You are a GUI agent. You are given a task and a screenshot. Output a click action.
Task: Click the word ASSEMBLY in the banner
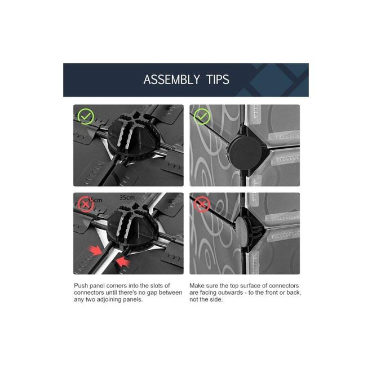pyautogui.click(x=171, y=79)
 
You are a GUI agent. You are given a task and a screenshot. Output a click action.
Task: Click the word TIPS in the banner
pyautogui.click(x=218, y=79)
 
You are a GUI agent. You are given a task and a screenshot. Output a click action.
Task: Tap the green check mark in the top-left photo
pyautogui.click(x=86, y=116)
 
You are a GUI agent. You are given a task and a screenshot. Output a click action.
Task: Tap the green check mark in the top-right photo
pyautogui.click(x=202, y=116)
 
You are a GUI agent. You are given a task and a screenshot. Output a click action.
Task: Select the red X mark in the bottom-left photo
pyautogui.click(x=85, y=204)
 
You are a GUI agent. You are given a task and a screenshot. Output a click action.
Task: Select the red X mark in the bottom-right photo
pyautogui.click(x=202, y=204)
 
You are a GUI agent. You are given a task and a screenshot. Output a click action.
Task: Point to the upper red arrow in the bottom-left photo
pyautogui.click(x=95, y=250)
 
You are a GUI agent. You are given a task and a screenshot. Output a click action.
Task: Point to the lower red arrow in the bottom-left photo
pyautogui.click(x=123, y=262)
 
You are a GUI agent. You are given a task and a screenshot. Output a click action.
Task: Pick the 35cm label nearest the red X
pyautogui.click(x=95, y=200)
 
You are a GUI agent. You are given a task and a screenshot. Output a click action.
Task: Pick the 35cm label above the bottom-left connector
pyautogui.click(x=127, y=198)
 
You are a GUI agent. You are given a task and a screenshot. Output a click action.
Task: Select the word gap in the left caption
pyautogui.click(x=152, y=293)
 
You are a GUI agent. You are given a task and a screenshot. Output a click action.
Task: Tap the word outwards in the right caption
pyautogui.click(x=231, y=293)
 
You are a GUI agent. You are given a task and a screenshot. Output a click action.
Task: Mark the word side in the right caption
pyautogui.click(x=217, y=300)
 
